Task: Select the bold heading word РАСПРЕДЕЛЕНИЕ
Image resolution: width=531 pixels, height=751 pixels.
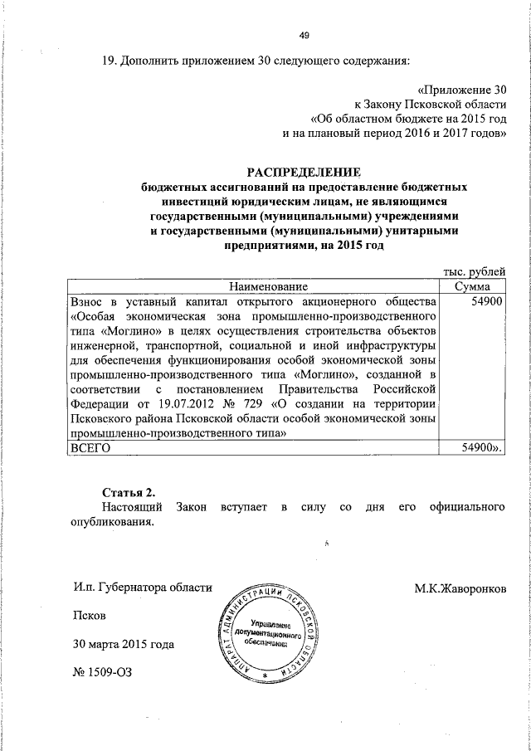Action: tap(304, 173)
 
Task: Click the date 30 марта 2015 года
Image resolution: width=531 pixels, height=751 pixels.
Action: tap(124, 644)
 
